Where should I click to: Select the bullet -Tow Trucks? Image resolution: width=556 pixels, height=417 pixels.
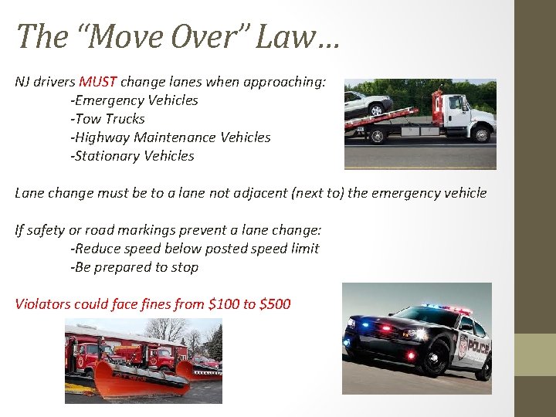click(107, 118)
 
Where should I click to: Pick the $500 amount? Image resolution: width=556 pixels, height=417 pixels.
click(276, 303)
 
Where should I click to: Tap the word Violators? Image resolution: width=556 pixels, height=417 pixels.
click(43, 303)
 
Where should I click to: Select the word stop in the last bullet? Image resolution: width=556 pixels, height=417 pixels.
click(185, 266)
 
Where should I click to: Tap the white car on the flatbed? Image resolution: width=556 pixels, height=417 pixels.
click(368, 103)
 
